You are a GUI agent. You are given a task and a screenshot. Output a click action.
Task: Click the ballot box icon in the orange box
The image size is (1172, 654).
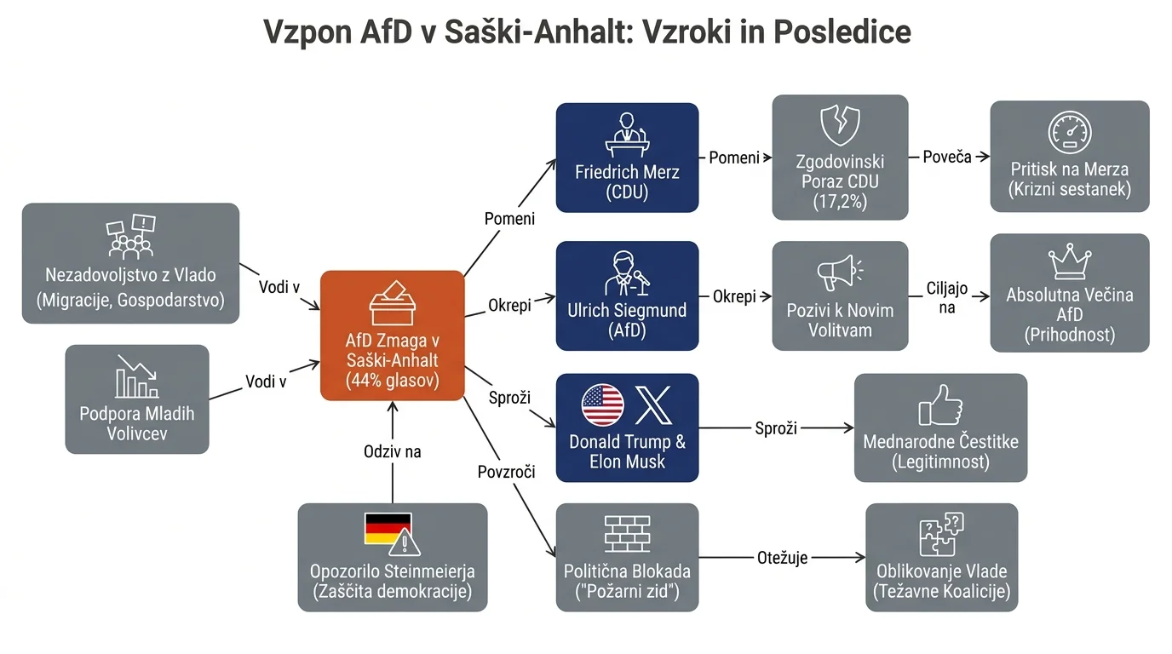[393, 303]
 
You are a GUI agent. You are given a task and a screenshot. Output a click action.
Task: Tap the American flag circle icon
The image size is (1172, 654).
[603, 405]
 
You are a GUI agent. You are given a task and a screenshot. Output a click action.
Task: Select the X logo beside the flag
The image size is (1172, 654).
[653, 405]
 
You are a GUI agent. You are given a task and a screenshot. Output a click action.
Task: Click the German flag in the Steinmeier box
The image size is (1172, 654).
[388, 529]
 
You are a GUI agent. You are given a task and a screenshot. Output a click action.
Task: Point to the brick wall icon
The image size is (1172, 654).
[628, 534]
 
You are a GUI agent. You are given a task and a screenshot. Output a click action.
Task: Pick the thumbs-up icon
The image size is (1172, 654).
[940, 405]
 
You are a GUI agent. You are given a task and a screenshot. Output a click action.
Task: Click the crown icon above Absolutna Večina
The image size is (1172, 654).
[1070, 261]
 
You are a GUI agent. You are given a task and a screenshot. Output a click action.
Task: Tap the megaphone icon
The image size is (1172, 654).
[840, 272]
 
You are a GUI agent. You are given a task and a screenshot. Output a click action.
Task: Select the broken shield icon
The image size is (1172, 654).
[841, 125]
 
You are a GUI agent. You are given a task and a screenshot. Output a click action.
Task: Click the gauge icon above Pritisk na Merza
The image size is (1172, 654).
[1070, 132]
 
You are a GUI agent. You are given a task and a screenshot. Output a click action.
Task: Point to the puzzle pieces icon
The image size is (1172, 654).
[942, 534]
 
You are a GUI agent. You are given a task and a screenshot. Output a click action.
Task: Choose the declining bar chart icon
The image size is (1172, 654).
[137, 376]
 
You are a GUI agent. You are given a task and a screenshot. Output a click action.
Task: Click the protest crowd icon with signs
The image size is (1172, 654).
[131, 237]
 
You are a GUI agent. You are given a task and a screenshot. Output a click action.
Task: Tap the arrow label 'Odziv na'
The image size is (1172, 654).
[393, 451]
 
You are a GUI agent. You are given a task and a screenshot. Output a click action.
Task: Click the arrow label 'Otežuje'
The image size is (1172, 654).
[782, 559]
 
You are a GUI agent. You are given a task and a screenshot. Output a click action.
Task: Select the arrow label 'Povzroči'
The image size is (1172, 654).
[507, 472]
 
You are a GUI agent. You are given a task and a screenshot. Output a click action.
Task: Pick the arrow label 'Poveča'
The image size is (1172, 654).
[947, 157]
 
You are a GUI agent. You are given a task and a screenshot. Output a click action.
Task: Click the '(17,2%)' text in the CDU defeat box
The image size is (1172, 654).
[841, 202]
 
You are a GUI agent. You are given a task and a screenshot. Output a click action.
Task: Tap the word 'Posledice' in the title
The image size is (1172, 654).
[842, 32]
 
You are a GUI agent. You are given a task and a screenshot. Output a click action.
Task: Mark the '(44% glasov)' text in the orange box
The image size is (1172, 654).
[393, 381]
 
